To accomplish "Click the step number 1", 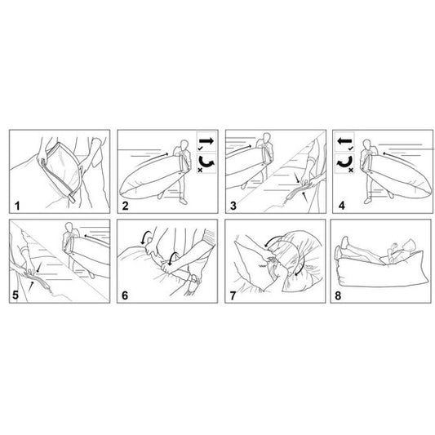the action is pyautogui.click(x=17, y=206).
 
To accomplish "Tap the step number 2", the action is pyautogui.click(x=126, y=206).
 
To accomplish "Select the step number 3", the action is pyautogui.click(x=233, y=206).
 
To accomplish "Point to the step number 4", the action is pyautogui.click(x=341, y=206).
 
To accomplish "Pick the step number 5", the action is pyautogui.click(x=16, y=295).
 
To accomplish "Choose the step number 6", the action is pyautogui.click(x=125, y=295).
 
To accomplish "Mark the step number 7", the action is pyautogui.click(x=233, y=295).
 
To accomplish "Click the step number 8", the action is pyautogui.click(x=338, y=295).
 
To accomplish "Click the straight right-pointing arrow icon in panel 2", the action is pyautogui.click(x=207, y=140).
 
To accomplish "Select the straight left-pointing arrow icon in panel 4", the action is pyautogui.click(x=344, y=141).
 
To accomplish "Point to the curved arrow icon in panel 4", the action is pyautogui.click(x=344, y=162).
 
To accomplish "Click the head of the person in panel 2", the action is pyautogui.click(x=184, y=144).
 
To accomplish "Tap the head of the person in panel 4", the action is pyautogui.click(x=366, y=144).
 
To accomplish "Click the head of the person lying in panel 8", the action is pyautogui.click(x=410, y=246).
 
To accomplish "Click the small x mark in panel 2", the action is pyautogui.click(x=200, y=170).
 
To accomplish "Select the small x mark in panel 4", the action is pyautogui.click(x=351, y=170).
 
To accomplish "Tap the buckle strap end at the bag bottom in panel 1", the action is pyautogui.click(x=72, y=199).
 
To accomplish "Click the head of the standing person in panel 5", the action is pyautogui.click(x=69, y=227).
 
